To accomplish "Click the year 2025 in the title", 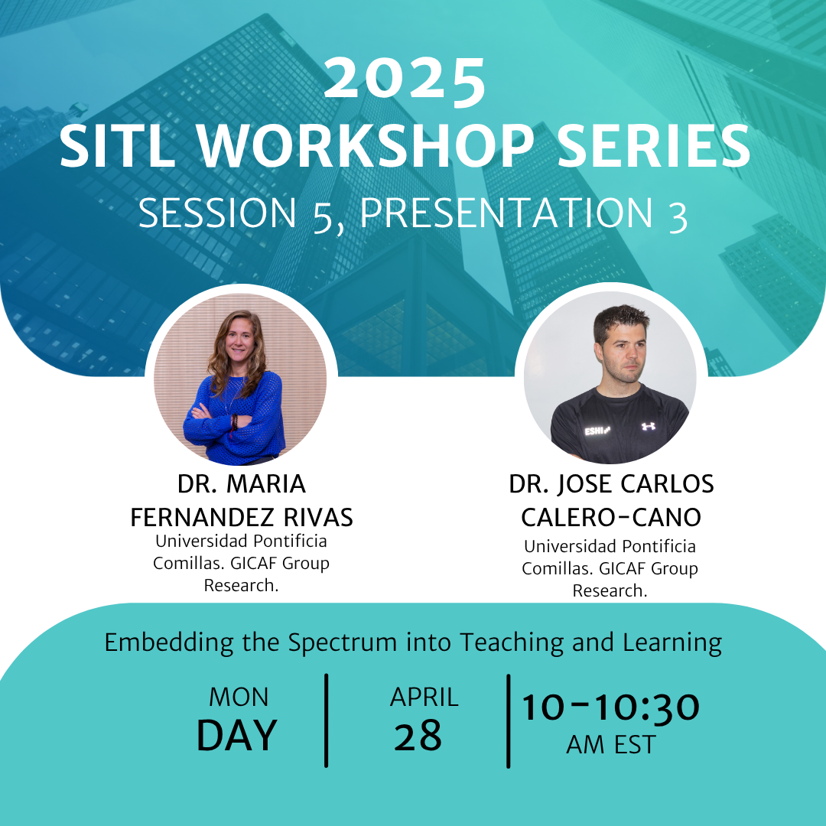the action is coord(405,79).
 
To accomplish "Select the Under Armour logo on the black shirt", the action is coord(649,426).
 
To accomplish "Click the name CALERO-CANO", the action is coord(611,518).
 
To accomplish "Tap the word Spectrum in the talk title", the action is coord(342,643).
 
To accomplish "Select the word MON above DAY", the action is coord(239,697).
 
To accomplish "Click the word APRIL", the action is coord(424,697).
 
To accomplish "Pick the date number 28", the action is coord(418,736).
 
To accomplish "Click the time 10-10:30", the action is coord(610,707).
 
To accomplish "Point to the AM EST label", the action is coord(610,745).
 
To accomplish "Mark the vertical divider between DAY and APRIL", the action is coord(327,720).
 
